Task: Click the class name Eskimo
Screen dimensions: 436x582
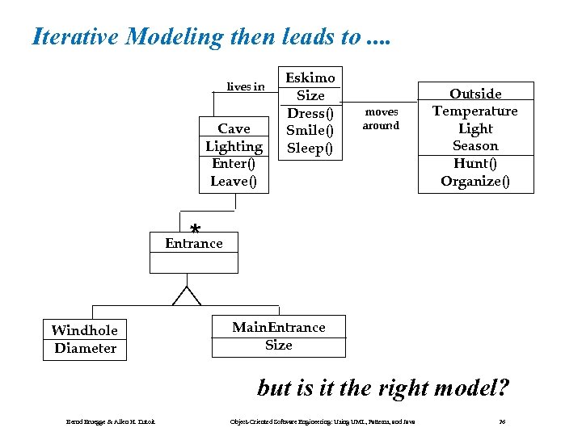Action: tap(310, 78)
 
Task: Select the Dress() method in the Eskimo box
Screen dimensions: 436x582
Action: tap(310, 113)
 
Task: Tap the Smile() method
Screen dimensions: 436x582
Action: tap(310, 131)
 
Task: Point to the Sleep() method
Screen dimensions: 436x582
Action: tap(310, 149)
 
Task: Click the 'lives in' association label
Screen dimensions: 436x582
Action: tap(245, 86)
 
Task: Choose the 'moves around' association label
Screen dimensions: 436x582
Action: tap(381, 119)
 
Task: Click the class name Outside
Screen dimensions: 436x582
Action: tap(475, 94)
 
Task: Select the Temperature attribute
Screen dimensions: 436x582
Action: tap(475, 111)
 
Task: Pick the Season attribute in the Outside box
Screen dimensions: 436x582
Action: tap(475, 146)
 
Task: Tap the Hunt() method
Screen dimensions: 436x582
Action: tap(475, 164)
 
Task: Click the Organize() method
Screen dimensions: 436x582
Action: tap(475, 182)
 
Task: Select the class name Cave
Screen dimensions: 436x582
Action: tap(234, 128)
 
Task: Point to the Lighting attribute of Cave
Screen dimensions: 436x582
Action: tap(234, 146)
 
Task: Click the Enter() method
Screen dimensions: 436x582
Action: tap(234, 164)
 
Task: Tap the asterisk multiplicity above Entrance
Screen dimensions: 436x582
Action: tap(195, 228)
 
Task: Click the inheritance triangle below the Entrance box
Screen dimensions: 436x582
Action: tap(187, 296)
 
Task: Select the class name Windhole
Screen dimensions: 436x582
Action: tap(84, 330)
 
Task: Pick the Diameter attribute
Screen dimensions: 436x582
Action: tap(85, 349)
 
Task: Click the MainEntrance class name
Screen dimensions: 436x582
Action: tap(279, 327)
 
